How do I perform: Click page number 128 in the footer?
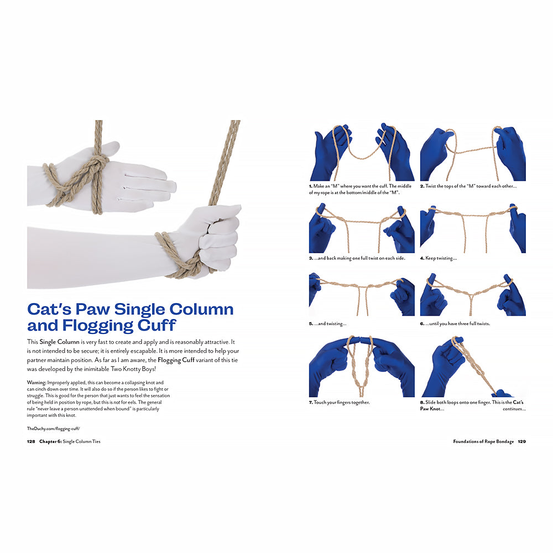[31, 442]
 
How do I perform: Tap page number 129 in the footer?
[521, 442]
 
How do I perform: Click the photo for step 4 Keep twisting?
[473, 228]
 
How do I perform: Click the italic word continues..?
[514, 409]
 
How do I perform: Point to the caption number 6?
[421, 324]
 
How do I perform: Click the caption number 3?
[310, 258]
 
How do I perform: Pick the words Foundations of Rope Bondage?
[483, 442]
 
